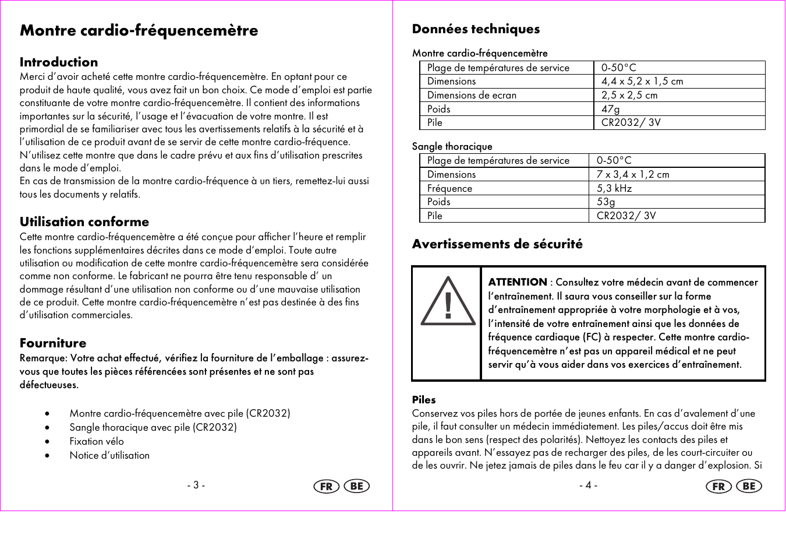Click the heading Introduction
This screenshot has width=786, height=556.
[x=59, y=62]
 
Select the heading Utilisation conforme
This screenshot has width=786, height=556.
[x=84, y=222]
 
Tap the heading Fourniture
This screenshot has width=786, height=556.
[x=53, y=343]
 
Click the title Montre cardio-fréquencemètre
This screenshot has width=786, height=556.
[x=139, y=30]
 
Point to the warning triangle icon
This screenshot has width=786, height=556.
[x=448, y=302]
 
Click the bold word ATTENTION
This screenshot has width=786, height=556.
[x=518, y=282]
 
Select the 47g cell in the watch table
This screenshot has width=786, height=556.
[x=611, y=109]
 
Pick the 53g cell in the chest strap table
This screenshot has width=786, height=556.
[x=606, y=202]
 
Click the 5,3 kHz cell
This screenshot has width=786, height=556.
[x=614, y=188]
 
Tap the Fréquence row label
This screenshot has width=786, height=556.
[x=449, y=188]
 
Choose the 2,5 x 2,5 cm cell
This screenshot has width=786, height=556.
[x=629, y=95]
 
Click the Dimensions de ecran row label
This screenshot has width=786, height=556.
[x=472, y=95]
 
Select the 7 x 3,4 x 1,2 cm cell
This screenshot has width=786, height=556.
[x=633, y=174]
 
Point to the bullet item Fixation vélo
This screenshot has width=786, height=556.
[x=97, y=441]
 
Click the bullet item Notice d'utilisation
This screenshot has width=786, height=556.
[x=109, y=455]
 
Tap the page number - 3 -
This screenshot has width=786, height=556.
[x=196, y=485]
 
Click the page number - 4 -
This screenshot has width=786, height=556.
[x=589, y=485]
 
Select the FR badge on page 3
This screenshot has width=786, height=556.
[x=327, y=486]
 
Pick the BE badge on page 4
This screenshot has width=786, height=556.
[x=749, y=486]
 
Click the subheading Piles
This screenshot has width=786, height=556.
[x=424, y=400]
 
